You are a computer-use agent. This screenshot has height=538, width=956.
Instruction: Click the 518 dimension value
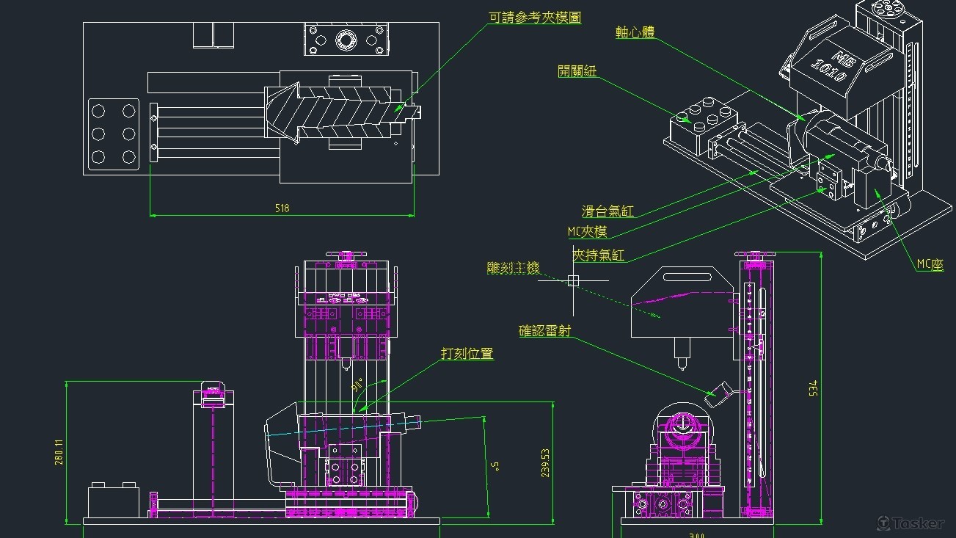282,208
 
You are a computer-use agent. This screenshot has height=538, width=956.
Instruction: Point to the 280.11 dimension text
59,452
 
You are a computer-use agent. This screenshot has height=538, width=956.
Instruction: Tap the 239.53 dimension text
545,463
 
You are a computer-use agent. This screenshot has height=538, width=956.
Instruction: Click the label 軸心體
635,33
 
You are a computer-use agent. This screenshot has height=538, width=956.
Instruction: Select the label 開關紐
577,70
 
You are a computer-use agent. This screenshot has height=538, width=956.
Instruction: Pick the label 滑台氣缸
607,212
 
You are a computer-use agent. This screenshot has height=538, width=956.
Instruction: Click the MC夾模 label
587,232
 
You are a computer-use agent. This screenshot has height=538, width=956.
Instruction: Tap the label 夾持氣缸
599,255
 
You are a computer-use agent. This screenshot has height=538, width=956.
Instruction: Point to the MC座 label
930,265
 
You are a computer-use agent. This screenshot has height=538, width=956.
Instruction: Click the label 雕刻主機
513,269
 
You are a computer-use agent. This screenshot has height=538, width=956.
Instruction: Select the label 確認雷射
544,332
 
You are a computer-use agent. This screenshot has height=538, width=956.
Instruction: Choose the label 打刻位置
467,354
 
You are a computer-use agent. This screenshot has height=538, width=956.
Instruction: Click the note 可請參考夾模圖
535,18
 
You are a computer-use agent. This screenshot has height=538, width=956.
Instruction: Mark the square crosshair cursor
573,280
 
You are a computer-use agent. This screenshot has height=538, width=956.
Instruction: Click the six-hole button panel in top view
113,134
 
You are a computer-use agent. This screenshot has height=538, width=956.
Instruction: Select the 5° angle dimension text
496,465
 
